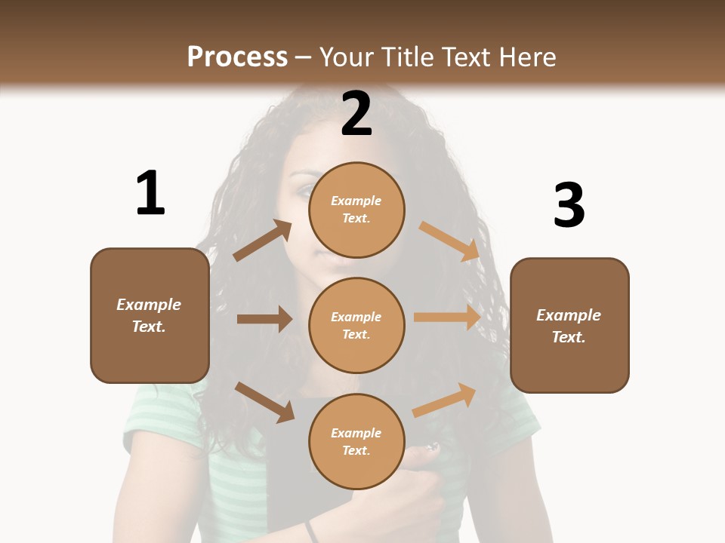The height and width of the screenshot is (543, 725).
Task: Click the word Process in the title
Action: (x=237, y=57)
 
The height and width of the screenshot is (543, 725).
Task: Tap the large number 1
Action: (x=150, y=193)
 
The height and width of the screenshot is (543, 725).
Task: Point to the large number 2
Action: (x=356, y=114)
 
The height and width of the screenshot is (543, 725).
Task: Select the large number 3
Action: (x=569, y=204)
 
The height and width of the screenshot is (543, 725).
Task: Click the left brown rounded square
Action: (x=150, y=315)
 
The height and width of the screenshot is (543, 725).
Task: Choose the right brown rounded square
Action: (x=569, y=325)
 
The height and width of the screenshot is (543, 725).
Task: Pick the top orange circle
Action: (x=356, y=210)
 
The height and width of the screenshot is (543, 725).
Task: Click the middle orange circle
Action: (x=356, y=325)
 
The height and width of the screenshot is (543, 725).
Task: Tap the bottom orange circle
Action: (x=356, y=441)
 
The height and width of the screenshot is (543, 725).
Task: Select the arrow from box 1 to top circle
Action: (x=263, y=241)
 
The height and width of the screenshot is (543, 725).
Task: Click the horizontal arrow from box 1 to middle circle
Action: (x=264, y=319)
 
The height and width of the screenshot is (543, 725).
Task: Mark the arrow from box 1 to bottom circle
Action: (x=264, y=401)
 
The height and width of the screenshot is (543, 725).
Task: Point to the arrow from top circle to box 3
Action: (x=450, y=241)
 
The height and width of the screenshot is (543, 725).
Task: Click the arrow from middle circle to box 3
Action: (x=447, y=318)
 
